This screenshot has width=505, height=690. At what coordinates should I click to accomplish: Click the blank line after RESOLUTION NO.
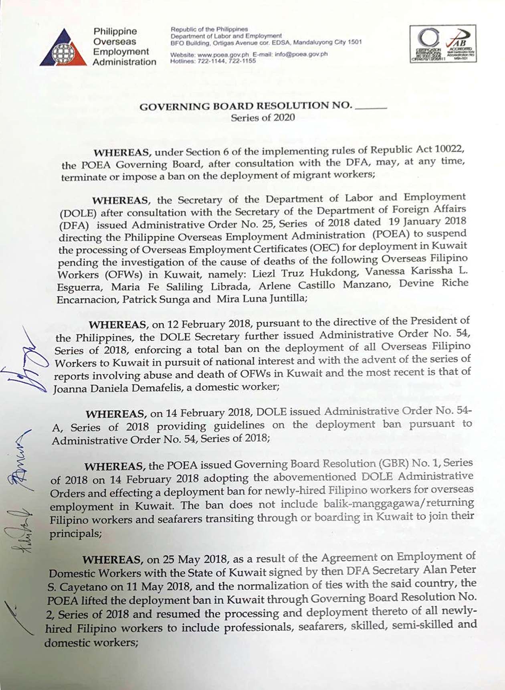tap(371, 107)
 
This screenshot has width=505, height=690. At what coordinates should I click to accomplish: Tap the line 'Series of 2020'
tap(263, 117)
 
